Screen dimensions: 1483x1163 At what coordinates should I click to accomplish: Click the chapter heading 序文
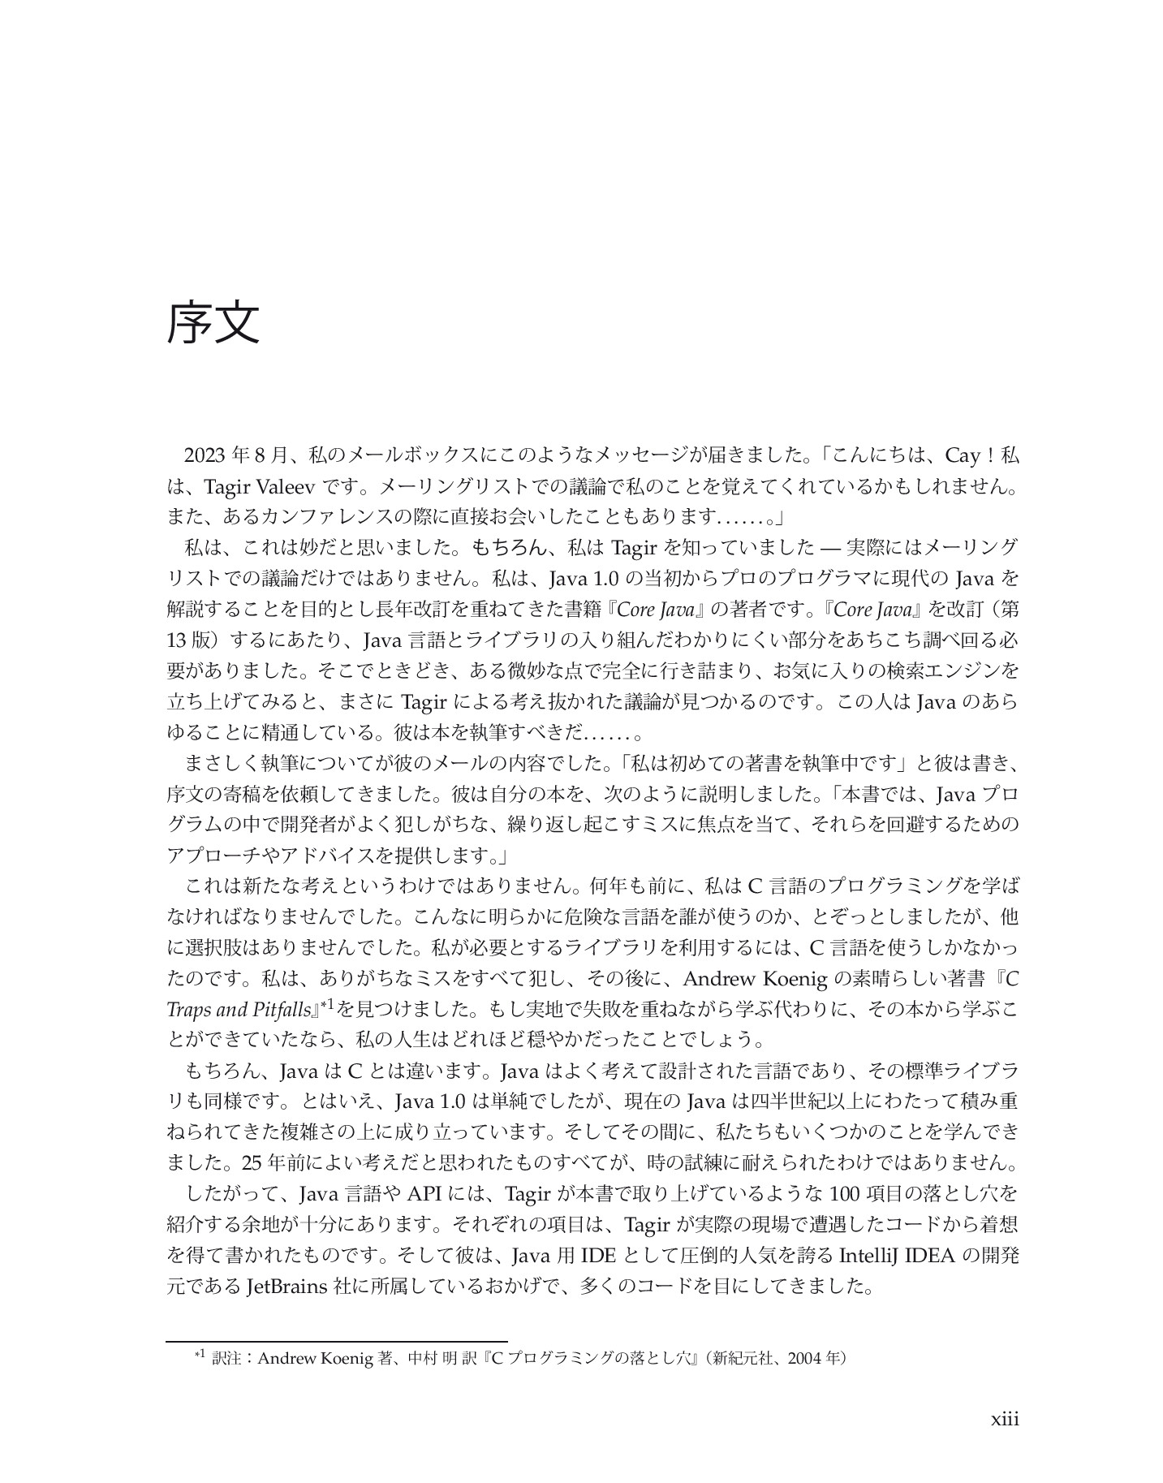coord(213,324)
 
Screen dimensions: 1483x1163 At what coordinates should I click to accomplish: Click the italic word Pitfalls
coord(285,1009)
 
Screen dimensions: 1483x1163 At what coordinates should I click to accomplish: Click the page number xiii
coord(1005,1420)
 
